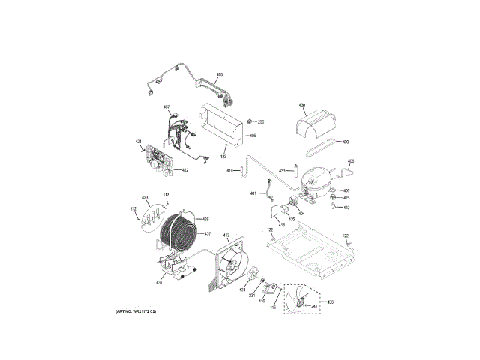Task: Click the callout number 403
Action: (220, 74)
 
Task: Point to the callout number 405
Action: (253, 136)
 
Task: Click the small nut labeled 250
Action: (250, 121)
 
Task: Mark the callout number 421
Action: (138, 142)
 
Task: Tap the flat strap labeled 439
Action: (327, 143)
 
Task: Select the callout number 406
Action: (351, 161)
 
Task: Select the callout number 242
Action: (315, 306)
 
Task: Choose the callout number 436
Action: (331, 301)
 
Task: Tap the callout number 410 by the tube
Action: (230, 171)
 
